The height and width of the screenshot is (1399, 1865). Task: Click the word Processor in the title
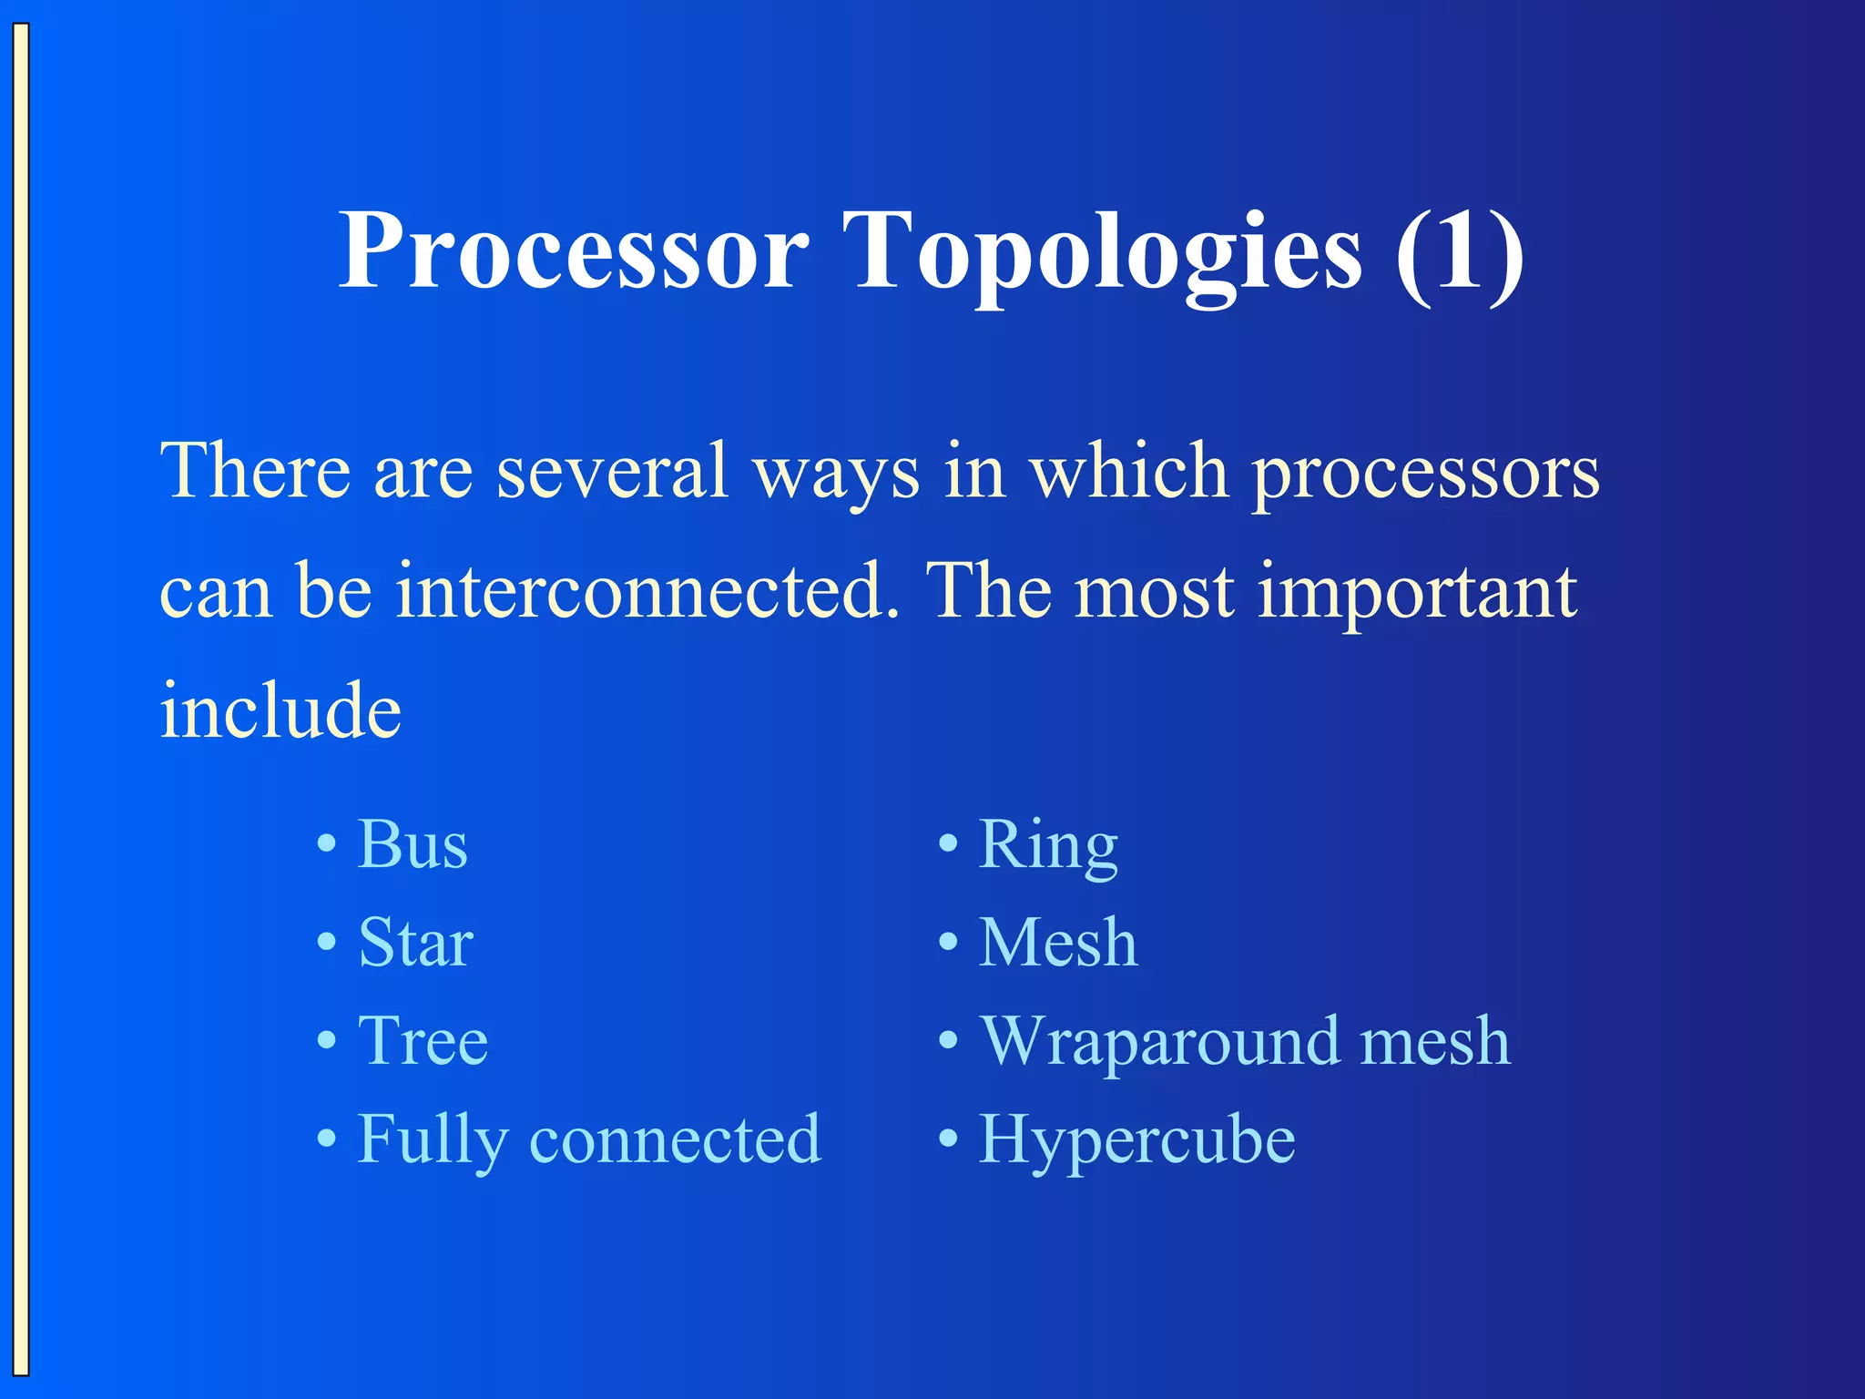pos(574,250)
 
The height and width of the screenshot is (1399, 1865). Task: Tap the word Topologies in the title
pos(1102,250)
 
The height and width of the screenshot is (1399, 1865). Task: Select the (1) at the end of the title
pos(1459,250)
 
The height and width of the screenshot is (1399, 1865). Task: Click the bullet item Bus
pos(413,844)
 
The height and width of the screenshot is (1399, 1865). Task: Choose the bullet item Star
pos(415,943)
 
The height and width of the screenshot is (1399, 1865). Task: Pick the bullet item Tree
pos(423,1040)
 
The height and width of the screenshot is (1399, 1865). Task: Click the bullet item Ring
pos(1047,844)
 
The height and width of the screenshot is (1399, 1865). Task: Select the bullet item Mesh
pos(1058,943)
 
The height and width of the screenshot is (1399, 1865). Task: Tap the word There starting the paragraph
pos(255,471)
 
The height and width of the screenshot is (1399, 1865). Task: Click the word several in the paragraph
pos(612,471)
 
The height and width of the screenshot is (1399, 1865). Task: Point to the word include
pos(280,710)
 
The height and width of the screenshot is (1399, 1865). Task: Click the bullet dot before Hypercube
pos(948,1139)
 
